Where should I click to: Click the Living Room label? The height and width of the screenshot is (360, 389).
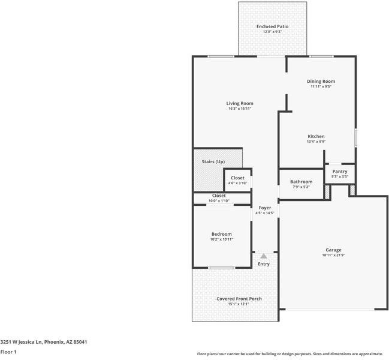pyautogui.click(x=239, y=103)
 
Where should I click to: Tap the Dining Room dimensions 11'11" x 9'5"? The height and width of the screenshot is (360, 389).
pyautogui.click(x=321, y=87)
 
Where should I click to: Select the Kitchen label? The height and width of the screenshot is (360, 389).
pyautogui.click(x=316, y=136)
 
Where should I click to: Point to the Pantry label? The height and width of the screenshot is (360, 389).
pyautogui.click(x=339, y=172)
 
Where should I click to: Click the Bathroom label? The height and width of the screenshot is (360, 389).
pyautogui.click(x=301, y=182)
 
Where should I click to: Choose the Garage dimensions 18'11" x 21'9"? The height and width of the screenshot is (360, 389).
pyautogui.click(x=333, y=255)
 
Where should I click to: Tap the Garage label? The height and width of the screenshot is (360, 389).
pyautogui.click(x=333, y=250)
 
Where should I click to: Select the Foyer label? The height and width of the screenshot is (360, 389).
pyautogui.click(x=264, y=208)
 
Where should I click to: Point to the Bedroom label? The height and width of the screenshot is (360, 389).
pyautogui.click(x=221, y=234)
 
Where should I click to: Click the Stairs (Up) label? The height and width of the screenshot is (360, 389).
pyautogui.click(x=212, y=162)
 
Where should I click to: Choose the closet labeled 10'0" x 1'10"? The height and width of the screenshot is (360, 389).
pyautogui.click(x=219, y=197)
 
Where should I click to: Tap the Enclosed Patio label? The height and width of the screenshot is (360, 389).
pyautogui.click(x=273, y=27)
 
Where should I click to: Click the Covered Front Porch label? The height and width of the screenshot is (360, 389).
pyautogui.click(x=239, y=299)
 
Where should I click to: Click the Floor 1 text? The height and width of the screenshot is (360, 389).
pyautogui.click(x=9, y=353)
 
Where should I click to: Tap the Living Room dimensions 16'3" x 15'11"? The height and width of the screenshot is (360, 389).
pyautogui.click(x=239, y=109)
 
